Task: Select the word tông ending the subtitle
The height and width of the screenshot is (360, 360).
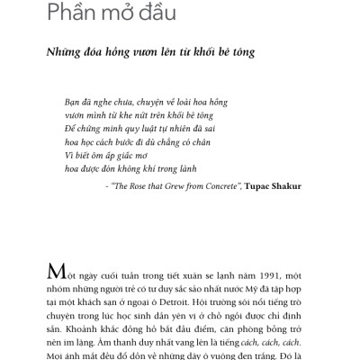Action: point(243,53)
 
